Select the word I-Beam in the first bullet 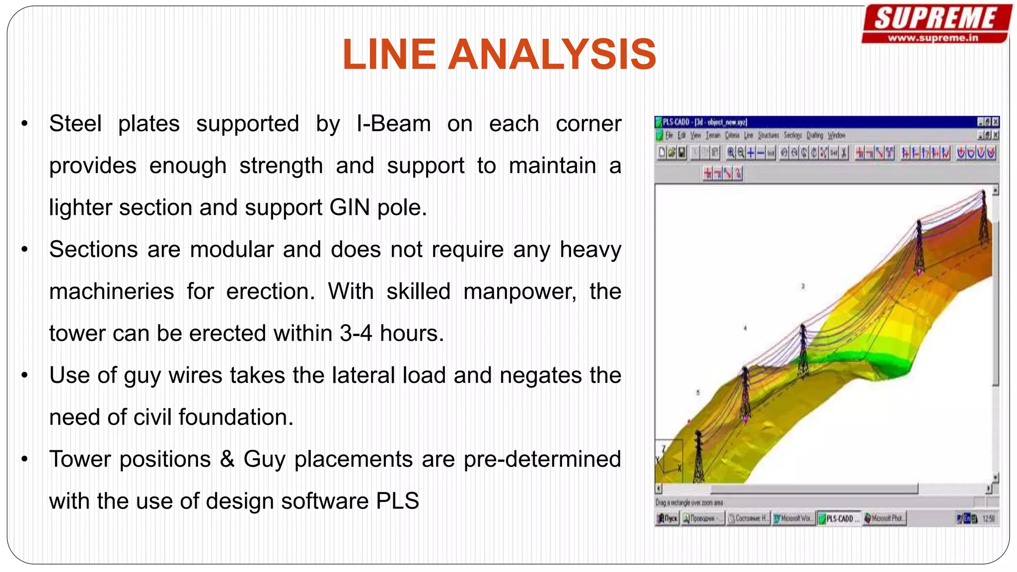[x=394, y=124]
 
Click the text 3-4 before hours [x=356, y=333]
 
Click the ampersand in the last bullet [x=227, y=459]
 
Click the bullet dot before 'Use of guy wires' [x=24, y=376]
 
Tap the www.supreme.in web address [x=933, y=38]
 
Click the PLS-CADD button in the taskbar [x=839, y=518]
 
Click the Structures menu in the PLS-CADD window [x=768, y=135]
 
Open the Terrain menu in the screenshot [x=713, y=135]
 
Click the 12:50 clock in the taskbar [x=988, y=518]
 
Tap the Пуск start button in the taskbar [x=667, y=518]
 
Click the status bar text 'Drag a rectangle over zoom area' [x=689, y=502]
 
